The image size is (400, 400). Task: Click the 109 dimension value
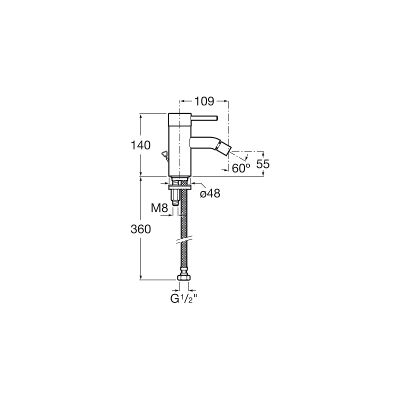click(204, 101)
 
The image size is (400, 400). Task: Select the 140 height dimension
click(140, 145)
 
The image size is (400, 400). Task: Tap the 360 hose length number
click(140, 229)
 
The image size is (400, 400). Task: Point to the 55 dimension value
click(263, 164)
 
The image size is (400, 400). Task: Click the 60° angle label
click(241, 168)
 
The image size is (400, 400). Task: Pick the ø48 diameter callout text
click(210, 193)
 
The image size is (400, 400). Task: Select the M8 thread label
click(159, 208)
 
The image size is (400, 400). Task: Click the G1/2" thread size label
click(183, 298)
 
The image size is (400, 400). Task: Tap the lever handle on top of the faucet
click(204, 118)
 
